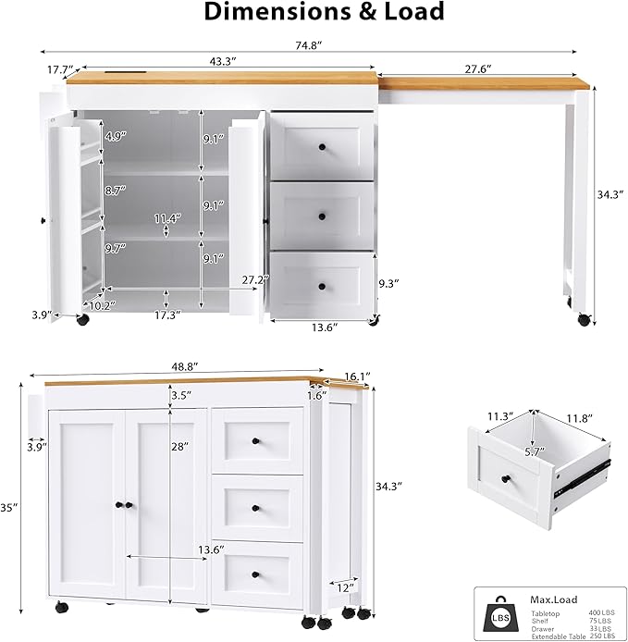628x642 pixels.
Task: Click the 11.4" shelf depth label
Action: (x=166, y=218)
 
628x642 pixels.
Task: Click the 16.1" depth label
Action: (x=357, y=377)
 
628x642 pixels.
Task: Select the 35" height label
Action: (x=9, y=507)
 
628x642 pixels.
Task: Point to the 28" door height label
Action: (x=179, y=446)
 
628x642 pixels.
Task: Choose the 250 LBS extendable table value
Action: (x=601, y=636)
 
